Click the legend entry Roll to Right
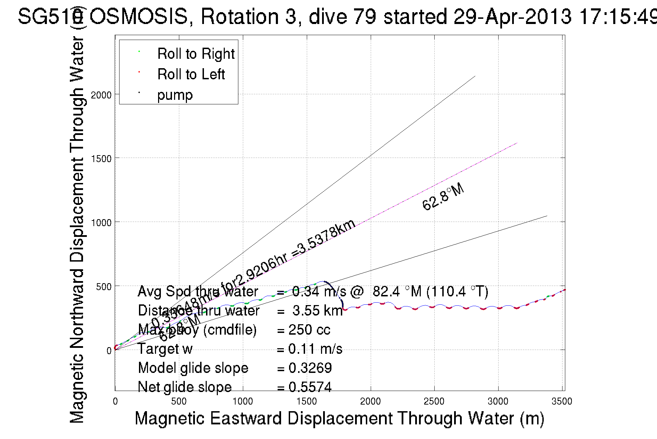[x=196, y=54]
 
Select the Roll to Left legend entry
[x=191, y=74]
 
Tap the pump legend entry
[x=175, y=95]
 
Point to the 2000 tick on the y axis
[x=101, y=95]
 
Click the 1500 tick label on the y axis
[x=101, y=159]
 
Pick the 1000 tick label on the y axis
[x=101, y=223]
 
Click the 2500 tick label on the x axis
[x=434, y=401]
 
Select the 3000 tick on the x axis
[x=498, y=401]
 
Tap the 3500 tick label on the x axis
[x=561, y=401]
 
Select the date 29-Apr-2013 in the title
[x=512, y=17]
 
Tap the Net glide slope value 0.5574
[x=310, y=387]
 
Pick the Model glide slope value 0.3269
[x=310, y=368]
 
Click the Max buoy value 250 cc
[x=309, y=330]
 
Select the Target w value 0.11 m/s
[x=315, y=349]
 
